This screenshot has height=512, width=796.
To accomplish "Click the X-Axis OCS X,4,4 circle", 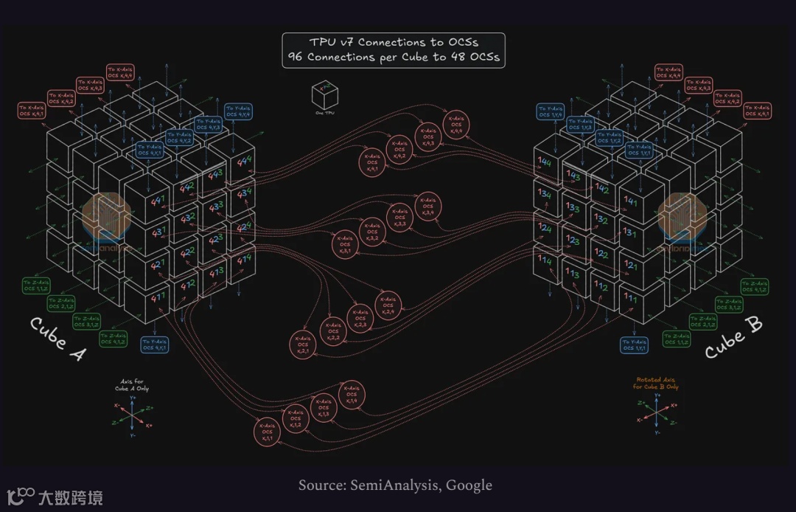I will pyautogui.click(x=456, y=125).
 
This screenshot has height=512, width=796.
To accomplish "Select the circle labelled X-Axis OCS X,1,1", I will pyautogui.click(x=268, y=432).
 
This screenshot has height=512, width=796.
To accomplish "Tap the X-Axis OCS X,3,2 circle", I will pyautogui.click(x=372, y=231).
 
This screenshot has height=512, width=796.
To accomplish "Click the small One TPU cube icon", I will pyautogui.click(x=321, y=97).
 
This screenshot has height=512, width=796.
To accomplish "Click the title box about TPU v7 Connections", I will pyautogui.click(x=394, y=50).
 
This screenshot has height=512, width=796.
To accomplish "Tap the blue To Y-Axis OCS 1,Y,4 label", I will pyautogui.click(x=551, y=111).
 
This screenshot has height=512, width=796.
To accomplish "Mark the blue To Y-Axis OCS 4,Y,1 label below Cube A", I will pyautogui.click(x=155, y=345).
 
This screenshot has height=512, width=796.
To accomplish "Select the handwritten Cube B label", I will pyautogui.click(x=734, y=338).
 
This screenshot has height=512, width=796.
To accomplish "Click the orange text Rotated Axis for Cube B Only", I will pyautogui.click(x=656, y=384).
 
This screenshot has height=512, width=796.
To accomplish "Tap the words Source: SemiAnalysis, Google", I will pyautogui.click(x=395, y=485).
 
